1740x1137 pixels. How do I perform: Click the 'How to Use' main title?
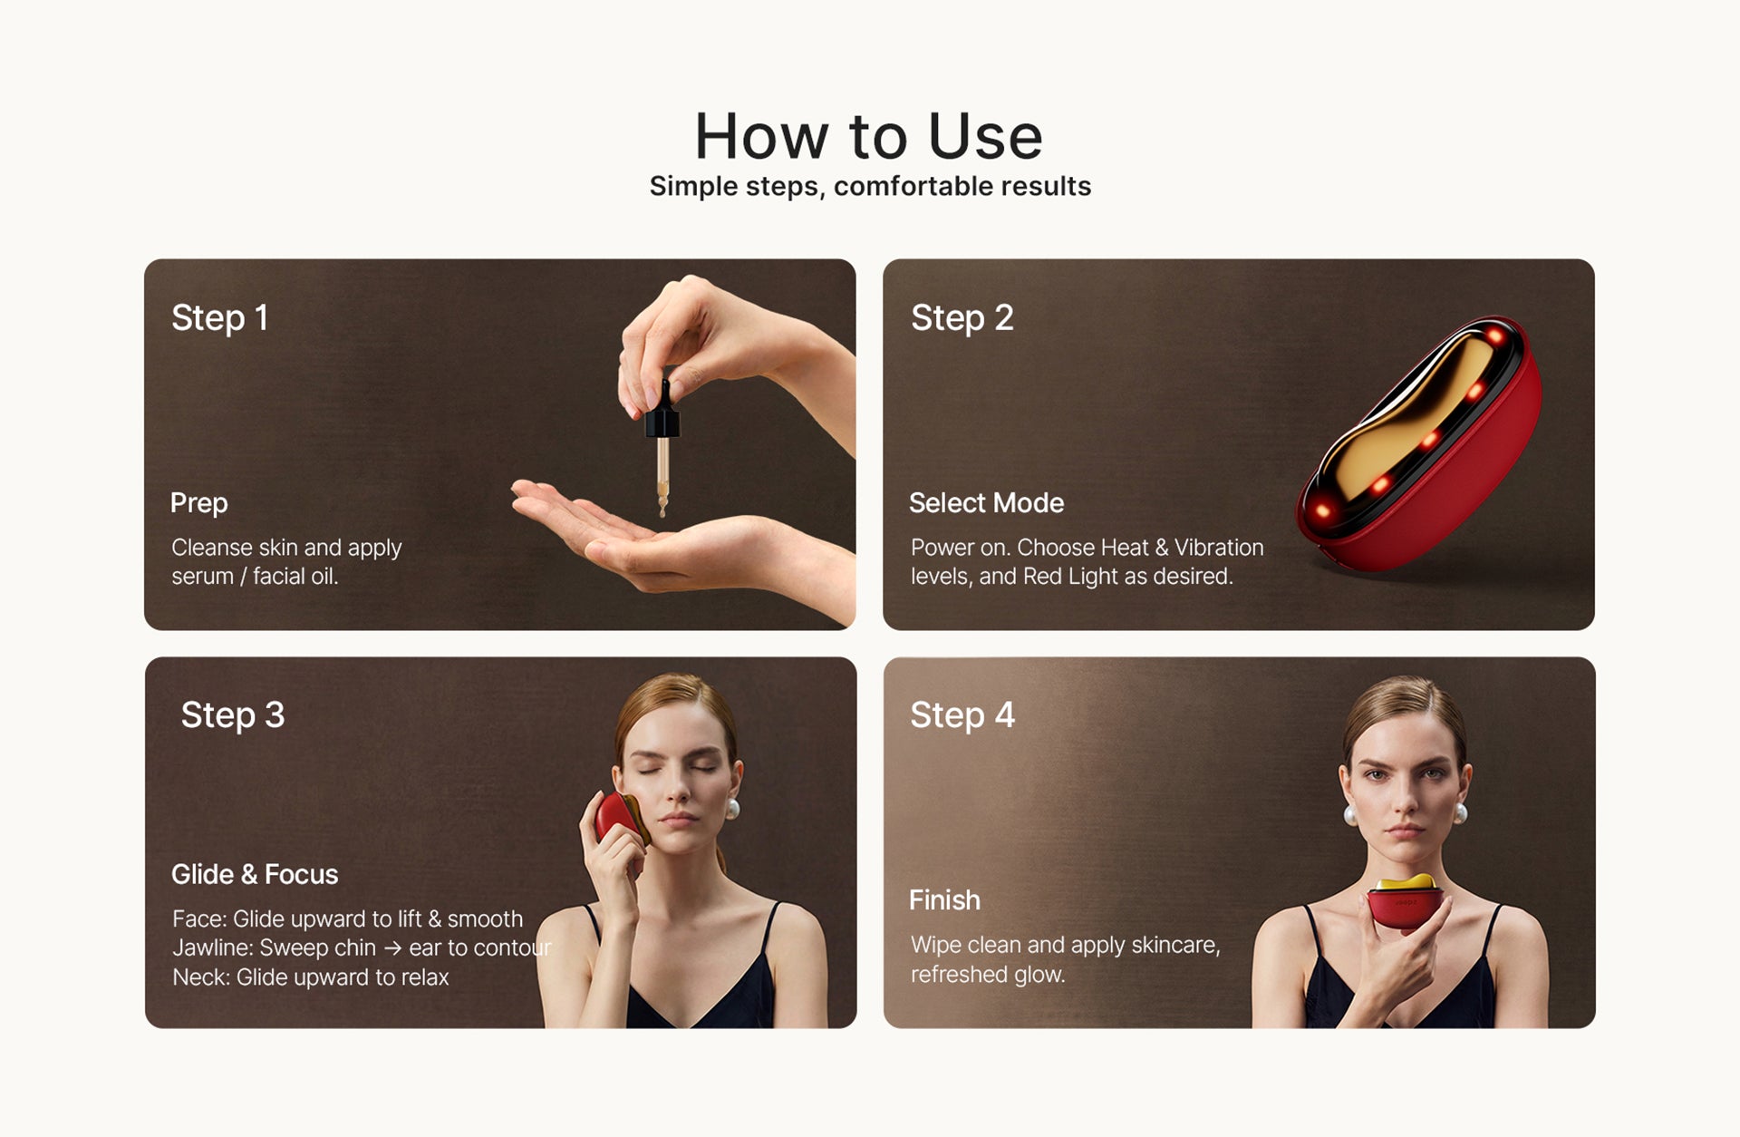[x=868, y=137]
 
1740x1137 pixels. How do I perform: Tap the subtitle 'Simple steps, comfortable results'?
[x=870, y=186]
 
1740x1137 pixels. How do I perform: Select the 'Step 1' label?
[x=219, y=318]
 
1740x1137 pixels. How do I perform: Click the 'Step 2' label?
[x=962, y=318]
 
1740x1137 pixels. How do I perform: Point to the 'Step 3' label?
[x=233, y=715]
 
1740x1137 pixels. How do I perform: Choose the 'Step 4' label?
[x=962, y=715]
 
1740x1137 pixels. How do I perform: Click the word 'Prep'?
[x=199, y=503]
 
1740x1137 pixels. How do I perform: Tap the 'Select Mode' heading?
[x=986, y=503]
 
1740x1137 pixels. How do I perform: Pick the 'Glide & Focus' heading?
[x=255, y=874]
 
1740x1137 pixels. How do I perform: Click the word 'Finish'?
[x=944, y=900]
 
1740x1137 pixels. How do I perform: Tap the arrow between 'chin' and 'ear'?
[x=392, y=948]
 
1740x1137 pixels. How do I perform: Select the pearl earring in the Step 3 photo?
[x=732, y=809]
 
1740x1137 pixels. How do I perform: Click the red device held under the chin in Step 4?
[x=1405, y=902]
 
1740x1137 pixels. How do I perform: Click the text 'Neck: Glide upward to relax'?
[x=311, y=977]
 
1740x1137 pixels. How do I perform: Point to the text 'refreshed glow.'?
[x=988, y=975]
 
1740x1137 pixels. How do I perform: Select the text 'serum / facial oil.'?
[x=255, y=577]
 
